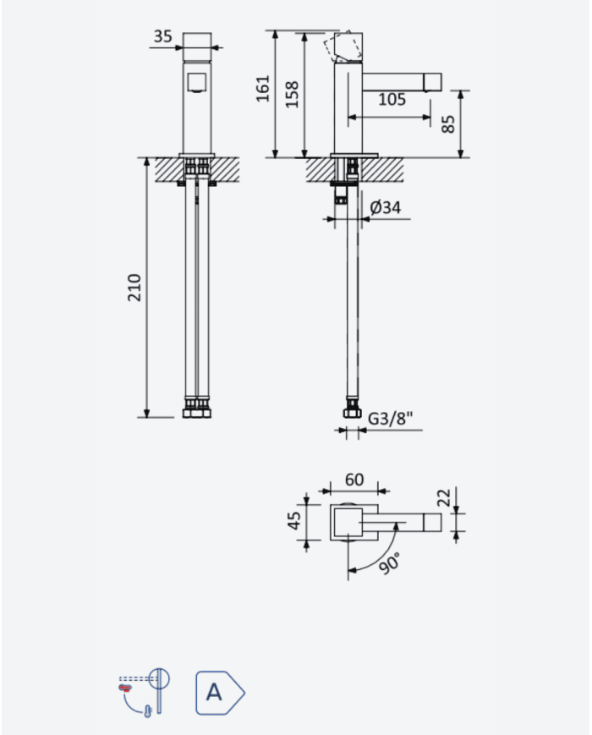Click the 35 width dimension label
pos(162,36)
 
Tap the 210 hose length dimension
pos(134,288)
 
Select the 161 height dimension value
pos(263,88)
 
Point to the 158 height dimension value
pos(292,94)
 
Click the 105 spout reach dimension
pos(392,99)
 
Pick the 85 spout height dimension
pos(448,124)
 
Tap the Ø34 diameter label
pos(386,207)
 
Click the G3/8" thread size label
pos(391,418)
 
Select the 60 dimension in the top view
pos(354,480)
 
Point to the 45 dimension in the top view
pos(294,521)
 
